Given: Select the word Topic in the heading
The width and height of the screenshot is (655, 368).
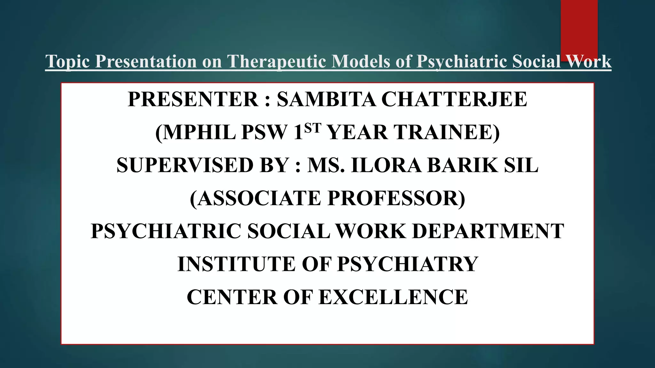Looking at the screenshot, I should [x=67, y=61].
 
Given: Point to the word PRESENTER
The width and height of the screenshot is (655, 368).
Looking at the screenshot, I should [x=193, y=99].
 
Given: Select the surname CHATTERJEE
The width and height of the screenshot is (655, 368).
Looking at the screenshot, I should [x=454, y=99].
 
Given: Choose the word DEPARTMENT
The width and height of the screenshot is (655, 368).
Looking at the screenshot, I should [x=488, y=231].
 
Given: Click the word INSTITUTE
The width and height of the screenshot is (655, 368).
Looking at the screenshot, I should [x=236, y=264].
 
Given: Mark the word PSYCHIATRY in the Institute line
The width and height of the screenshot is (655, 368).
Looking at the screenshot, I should [x=408, y=264].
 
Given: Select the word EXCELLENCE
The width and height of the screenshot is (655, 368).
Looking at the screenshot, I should [x=393, y=297].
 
